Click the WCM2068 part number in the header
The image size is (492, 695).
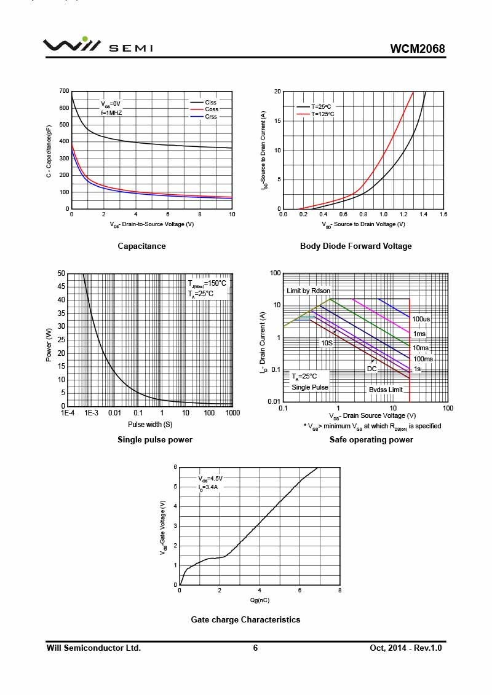[x=417, y=49]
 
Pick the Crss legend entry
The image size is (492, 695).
[x=211, y=116]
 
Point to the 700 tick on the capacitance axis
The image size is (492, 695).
[x=64, y=91]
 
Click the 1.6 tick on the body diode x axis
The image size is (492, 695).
[x=443, y=214]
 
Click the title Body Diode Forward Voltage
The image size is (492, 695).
[x=355, y=246]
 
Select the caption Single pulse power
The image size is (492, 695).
[x=154, y=440]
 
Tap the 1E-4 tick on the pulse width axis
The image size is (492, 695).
[x=68, y=413]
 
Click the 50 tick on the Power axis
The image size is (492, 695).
[x=61, y=273]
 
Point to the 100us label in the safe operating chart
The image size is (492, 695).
[x=421, y=319]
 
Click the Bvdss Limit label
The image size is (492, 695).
[x=386, y=390]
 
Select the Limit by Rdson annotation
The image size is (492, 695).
[x=308, y=291]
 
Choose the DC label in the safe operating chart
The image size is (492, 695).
[x=372, y=369]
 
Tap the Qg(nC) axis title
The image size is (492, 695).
[x=260, y=600]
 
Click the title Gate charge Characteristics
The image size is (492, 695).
[x=245, y=620]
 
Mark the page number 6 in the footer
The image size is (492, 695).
[x=255, y=648]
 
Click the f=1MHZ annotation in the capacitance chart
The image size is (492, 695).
[x=111, y=113]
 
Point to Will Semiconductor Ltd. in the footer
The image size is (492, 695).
[x=93, y=648]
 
